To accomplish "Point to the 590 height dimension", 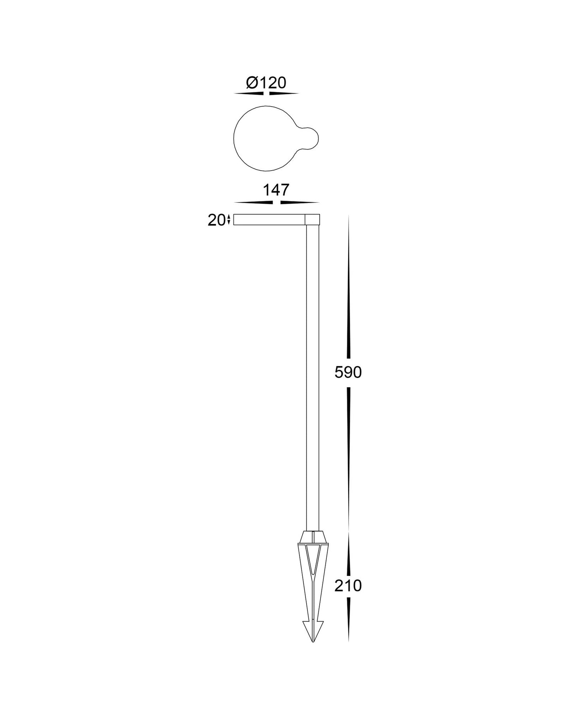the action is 348,372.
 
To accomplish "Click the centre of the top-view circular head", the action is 265,138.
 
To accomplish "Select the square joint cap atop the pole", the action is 312,219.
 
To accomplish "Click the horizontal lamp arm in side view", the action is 269,220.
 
